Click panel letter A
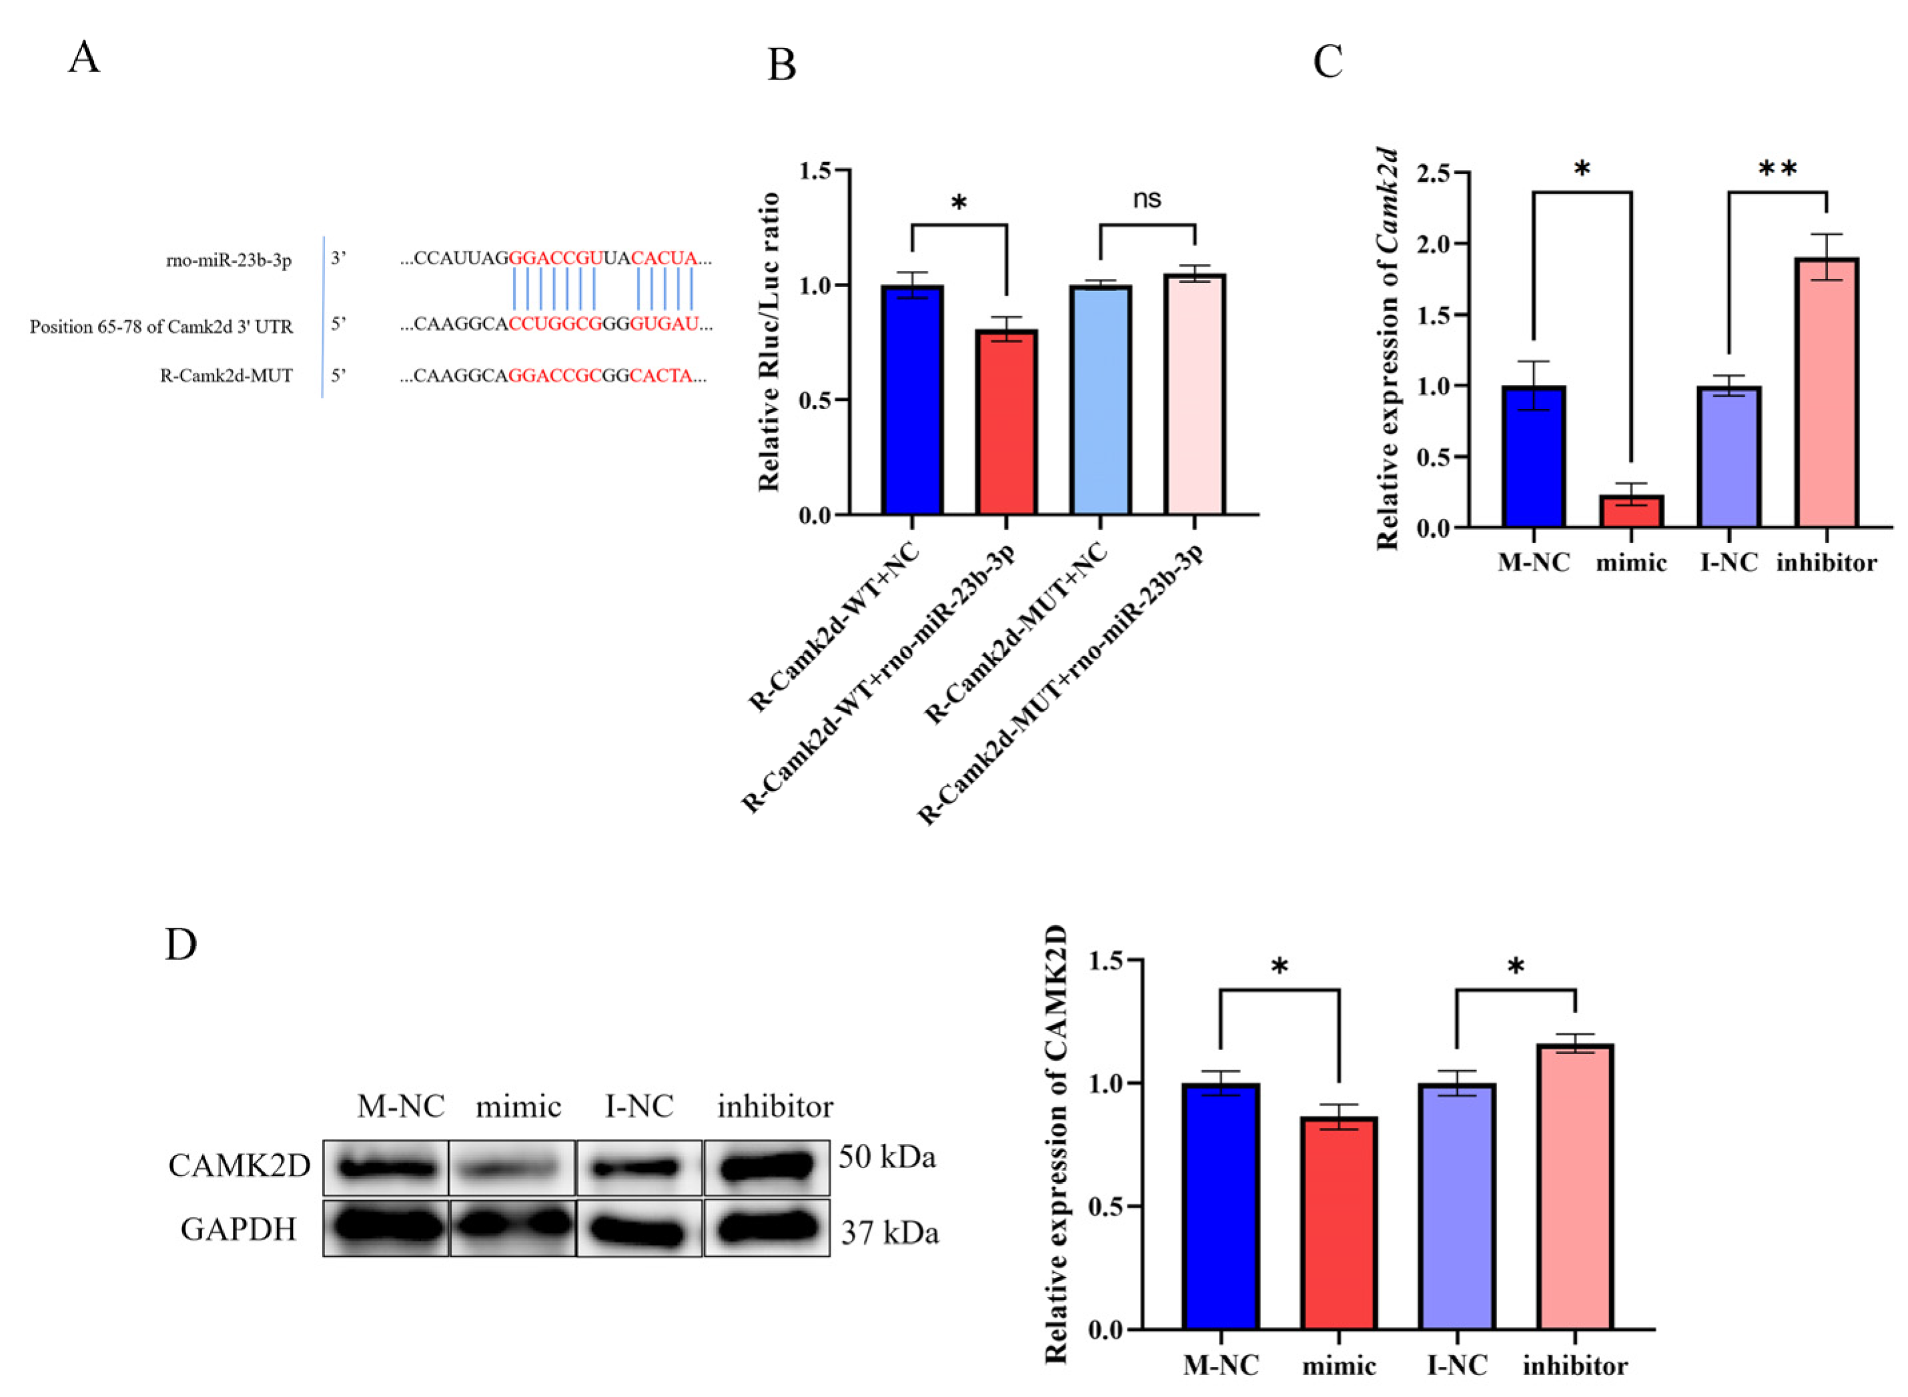(84, 58)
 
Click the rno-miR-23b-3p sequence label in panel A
(228, 260)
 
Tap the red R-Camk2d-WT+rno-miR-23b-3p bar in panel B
(1007, 423)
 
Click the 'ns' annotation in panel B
(1147, 199)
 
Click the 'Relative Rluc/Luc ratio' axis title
(768, 342)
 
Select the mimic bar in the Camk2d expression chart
(1631, 512)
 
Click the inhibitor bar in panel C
(1826, 393)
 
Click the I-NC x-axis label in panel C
(1729, 563)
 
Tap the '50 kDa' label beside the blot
(887, 1157)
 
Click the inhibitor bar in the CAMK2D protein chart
(1576, 1188)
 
